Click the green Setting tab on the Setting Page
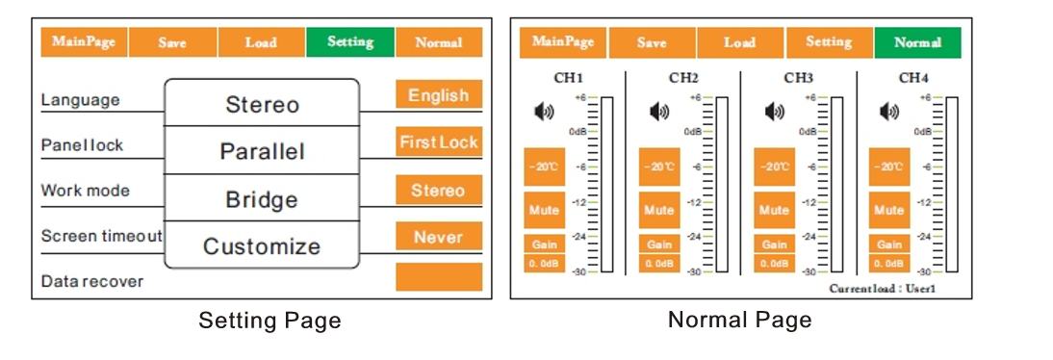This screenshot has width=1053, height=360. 350,42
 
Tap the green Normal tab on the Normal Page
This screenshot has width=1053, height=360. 917,42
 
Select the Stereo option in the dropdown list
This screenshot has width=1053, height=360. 262,104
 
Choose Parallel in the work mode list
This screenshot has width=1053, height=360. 262,151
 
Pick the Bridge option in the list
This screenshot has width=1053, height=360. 262,199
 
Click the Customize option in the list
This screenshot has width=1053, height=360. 262,245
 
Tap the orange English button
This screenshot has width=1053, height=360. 438,95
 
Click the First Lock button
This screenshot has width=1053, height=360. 438,142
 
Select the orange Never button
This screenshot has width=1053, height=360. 438,237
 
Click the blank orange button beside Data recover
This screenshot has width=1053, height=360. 438,277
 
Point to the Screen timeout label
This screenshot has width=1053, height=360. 101,236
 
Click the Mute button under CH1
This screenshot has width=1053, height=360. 544,210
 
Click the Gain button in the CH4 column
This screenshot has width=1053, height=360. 889,244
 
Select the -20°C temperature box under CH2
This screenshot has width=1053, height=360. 659,167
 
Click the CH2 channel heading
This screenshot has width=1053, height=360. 683,78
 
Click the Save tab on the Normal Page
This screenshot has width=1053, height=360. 652,42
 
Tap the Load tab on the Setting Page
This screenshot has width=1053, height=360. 261,42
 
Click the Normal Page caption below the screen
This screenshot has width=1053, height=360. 739,320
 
